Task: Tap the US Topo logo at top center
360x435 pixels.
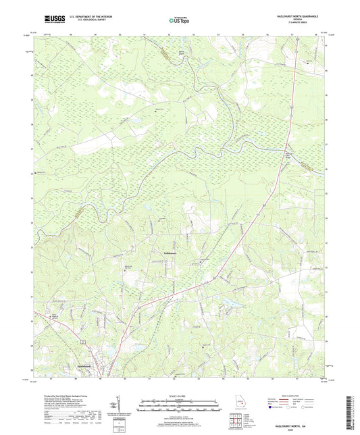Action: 179,21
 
